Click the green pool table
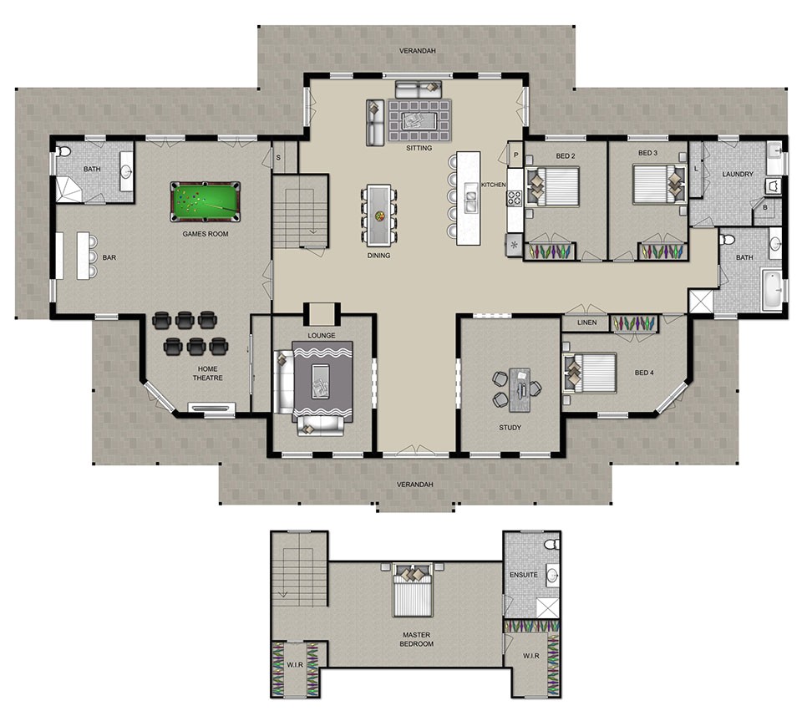[205, 201]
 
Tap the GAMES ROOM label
[206, 234]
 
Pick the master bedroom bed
[414, 590]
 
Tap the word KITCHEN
[494, 185]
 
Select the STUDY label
[510, 428]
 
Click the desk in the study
[521, 389]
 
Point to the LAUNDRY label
[738, 175]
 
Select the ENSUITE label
[523, 576]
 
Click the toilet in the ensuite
[550, 544]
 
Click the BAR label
[109, 258]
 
